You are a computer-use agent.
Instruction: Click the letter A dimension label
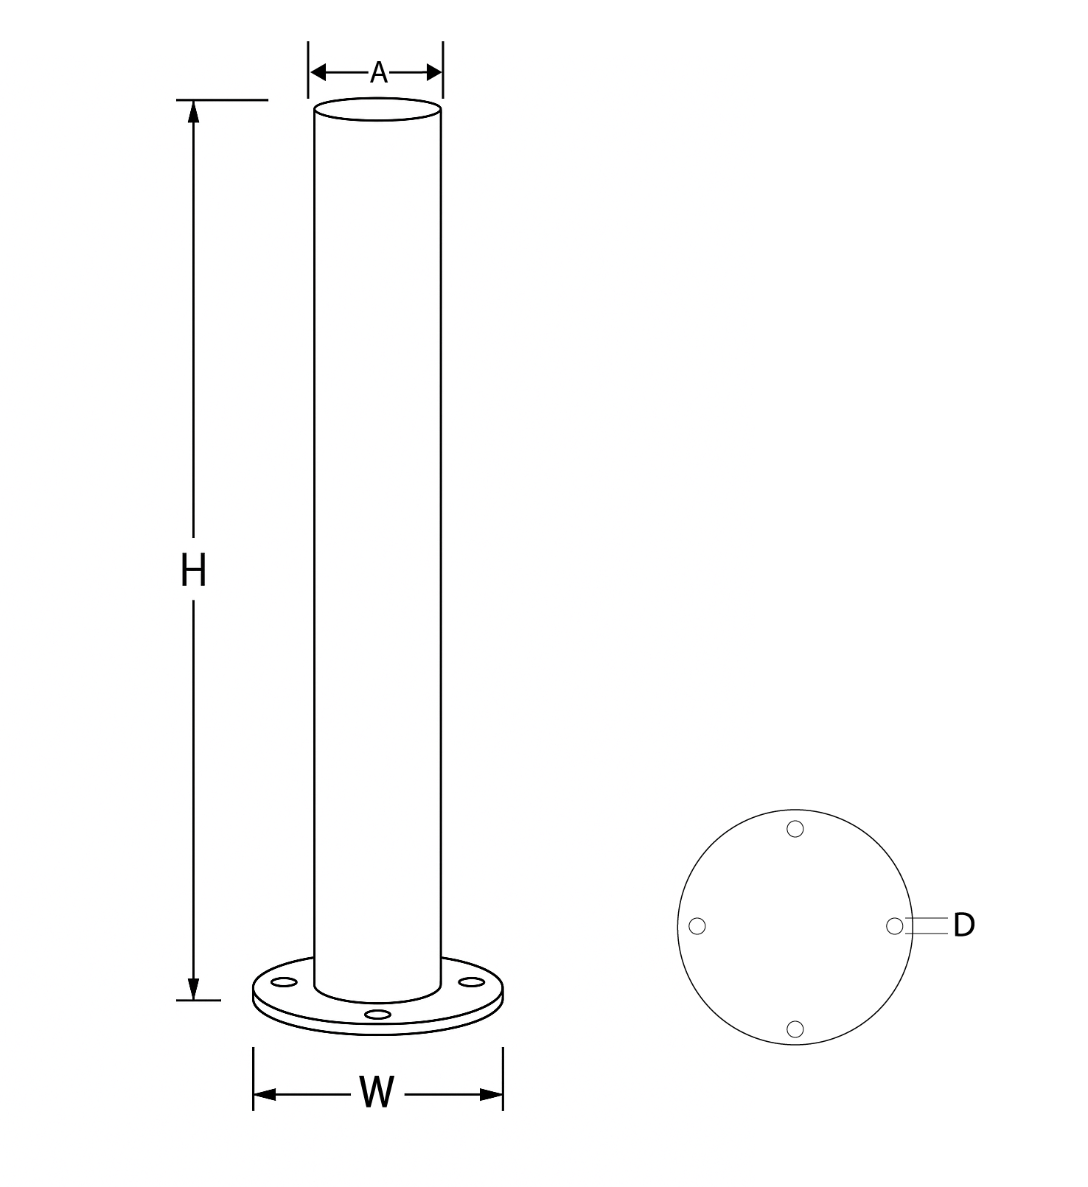378,72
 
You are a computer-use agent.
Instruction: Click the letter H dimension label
193,571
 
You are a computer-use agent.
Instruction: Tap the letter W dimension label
377,1093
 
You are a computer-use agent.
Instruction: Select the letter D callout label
963,925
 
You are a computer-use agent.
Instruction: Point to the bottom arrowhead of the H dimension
193,988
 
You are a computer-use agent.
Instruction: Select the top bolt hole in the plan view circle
795,829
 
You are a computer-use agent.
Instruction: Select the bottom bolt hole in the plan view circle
795,1029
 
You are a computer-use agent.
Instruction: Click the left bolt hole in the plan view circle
697,926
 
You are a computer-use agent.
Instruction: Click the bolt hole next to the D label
894,926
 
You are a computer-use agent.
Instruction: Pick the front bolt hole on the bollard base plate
377,1015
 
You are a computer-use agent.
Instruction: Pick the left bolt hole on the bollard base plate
284,982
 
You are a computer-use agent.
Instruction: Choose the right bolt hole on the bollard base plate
470,981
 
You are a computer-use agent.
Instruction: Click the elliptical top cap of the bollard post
377,110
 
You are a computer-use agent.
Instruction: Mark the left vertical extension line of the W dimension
253,1077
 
